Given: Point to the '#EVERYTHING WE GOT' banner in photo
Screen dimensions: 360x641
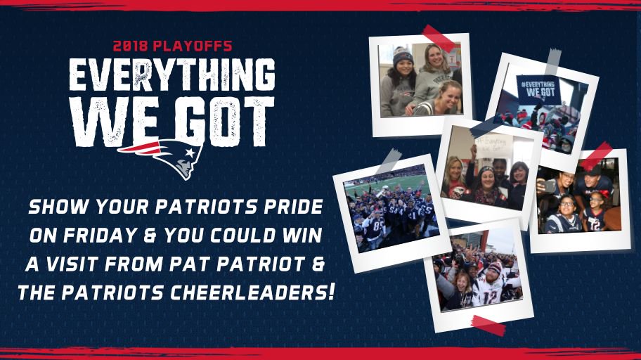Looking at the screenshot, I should tap(538, 87).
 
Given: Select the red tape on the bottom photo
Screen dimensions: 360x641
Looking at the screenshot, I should tap(488, 326).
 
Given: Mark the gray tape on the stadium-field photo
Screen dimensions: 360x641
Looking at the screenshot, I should tap(387, 161).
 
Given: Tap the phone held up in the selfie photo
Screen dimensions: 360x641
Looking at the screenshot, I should tap(549, 186).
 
